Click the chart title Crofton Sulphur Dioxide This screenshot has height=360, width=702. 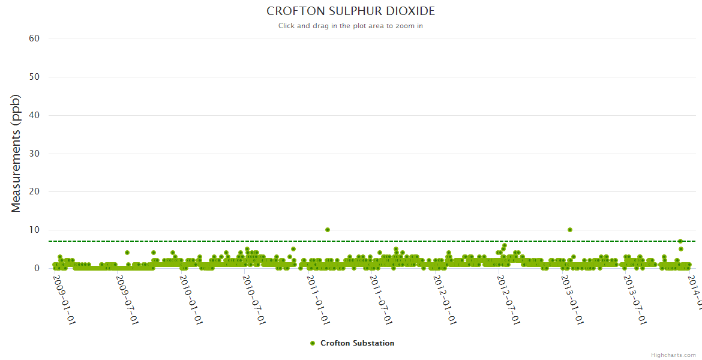point(350,11)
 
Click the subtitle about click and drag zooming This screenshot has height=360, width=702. point(350,26)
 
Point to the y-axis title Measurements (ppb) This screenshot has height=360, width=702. point(16,153)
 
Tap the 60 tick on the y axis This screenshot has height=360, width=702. point(34,38)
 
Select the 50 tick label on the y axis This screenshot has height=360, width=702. point(34,77)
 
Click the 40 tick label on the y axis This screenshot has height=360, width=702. point(34,115)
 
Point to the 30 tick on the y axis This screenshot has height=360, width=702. point(34,154)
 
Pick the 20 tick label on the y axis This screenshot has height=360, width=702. point(34,192)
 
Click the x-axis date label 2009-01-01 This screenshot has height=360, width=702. point(64,299)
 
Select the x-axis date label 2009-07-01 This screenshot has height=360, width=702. point(127,299)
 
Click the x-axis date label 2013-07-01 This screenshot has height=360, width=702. point(634,299)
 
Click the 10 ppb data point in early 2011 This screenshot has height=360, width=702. point(328,230)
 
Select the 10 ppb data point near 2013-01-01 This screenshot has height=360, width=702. point(570,230)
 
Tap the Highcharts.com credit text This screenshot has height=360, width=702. point(673,355)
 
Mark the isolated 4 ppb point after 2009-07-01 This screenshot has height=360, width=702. point(127,253)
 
